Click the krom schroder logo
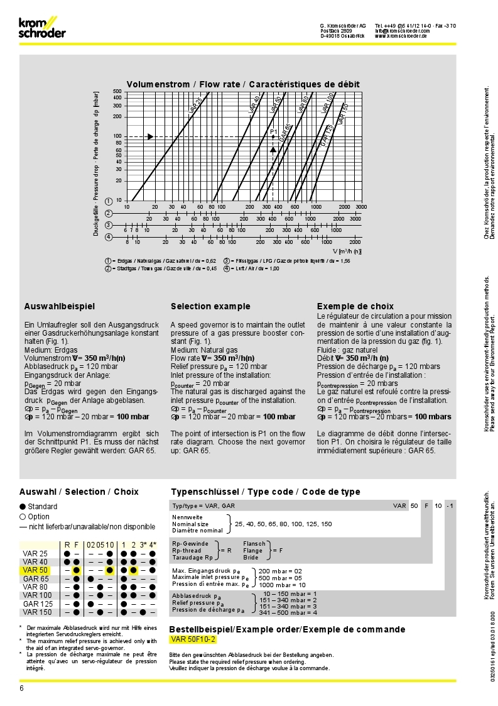[41, 28]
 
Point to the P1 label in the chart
[274, 131]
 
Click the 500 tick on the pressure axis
[117, 92]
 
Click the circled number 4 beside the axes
[109, 237]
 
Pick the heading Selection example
[210, 307]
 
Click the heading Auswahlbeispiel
[60, 307]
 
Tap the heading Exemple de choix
[355, 307]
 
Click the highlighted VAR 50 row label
[35, 570]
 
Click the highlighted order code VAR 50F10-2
[193, 639]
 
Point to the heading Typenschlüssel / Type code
[266, 492]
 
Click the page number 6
[21, 688]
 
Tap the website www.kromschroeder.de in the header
[401, 36]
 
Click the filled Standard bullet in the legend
[23, 507]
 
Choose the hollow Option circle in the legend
[23, 517]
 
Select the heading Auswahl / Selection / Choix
[79, 492]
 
